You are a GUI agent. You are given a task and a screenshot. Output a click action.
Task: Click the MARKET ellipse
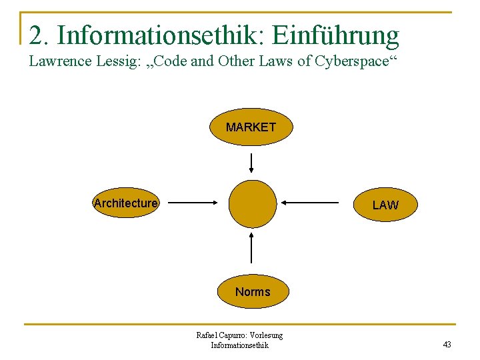pos(251,127)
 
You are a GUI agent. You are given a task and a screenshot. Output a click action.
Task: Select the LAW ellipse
pos(385,205)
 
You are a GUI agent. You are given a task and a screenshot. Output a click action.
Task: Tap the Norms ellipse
pos(253,292)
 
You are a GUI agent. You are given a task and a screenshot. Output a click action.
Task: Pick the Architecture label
pos(126,203)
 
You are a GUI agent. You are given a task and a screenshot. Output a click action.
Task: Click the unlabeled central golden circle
pos(252,204)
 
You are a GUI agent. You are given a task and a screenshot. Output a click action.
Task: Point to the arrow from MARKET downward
pos(251,163)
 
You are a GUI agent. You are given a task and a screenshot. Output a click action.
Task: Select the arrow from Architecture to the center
pos(194,202)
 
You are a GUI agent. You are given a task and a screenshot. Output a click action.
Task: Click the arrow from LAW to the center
pos(310,202)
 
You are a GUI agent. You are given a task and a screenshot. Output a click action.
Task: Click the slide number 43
pos(447,345)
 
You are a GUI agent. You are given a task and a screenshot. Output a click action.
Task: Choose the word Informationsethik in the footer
pos(239,345)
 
